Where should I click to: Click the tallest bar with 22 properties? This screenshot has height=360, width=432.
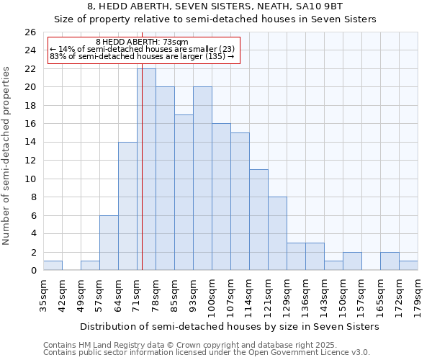[x=147, y=169]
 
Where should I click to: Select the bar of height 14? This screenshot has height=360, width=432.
[x=127, y=206]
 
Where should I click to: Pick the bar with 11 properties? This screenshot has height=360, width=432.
[x=258, y=220]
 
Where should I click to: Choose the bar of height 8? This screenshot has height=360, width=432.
[x=277, y=233]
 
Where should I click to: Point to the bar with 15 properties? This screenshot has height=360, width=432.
[x=240, y=202]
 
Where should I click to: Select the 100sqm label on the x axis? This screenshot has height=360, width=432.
[x=212, y=294]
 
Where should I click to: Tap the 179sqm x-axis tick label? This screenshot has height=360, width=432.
[x=418, y=294]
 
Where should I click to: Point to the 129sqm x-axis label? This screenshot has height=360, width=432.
[x=287, y=294]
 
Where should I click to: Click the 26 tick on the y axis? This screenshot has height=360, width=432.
[x=30, y=32]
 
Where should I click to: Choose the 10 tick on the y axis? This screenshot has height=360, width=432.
[x=30, y=179]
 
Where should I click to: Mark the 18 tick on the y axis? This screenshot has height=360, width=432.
[x=30, y=106]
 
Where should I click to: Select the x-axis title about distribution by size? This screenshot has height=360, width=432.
[x=230, y=326]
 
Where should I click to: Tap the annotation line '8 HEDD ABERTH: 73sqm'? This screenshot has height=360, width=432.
[x=142, y=42]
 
